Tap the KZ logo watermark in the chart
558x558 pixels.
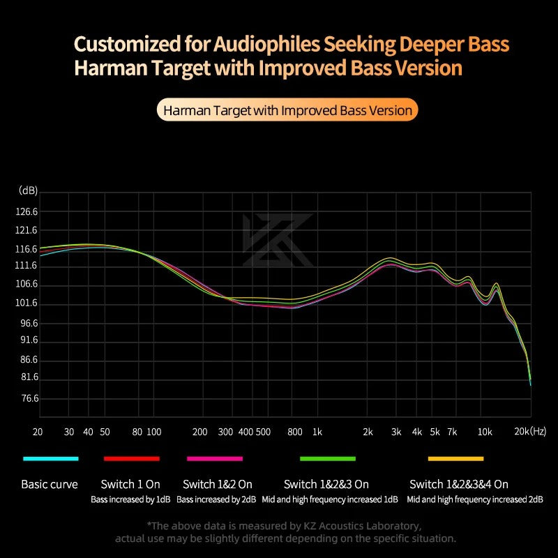(278, 240)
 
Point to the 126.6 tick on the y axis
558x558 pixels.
(26, 212)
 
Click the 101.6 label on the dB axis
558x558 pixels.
(26, 303)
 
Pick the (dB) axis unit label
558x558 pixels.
(29, 190)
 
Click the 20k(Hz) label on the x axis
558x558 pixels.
(530, 432)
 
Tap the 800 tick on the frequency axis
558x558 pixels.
(295, 432)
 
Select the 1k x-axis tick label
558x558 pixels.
(317, 432)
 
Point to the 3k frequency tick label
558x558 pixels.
(396, 432)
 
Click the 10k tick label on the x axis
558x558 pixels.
(485, 432)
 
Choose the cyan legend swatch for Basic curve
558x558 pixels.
(50, 458)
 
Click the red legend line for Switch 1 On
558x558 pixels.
(132, 458)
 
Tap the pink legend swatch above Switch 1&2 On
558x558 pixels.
(215, 458)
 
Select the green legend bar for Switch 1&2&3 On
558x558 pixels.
(328, 458)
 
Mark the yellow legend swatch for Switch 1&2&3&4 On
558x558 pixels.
(455, 458)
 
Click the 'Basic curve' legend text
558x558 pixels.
(50, 484)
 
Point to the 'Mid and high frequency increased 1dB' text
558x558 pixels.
(330, 499)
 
